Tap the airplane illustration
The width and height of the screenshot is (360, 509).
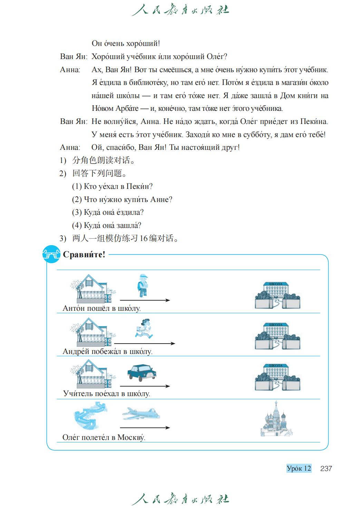[x=141, y=413]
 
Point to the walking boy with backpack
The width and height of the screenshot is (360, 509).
[x=142, y=285]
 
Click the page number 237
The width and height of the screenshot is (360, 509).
[x=326, y=469]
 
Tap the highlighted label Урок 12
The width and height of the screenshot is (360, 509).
[x=299, y=469]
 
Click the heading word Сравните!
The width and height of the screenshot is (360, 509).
[x=84, y=255]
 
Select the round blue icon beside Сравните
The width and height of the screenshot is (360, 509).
[x=51, y=255]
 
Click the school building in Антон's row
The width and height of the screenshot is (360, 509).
[x=277, y=295]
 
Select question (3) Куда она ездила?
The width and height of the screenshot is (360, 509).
[x=108, y=212]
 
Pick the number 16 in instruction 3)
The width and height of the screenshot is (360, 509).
[x=144, y=238]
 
